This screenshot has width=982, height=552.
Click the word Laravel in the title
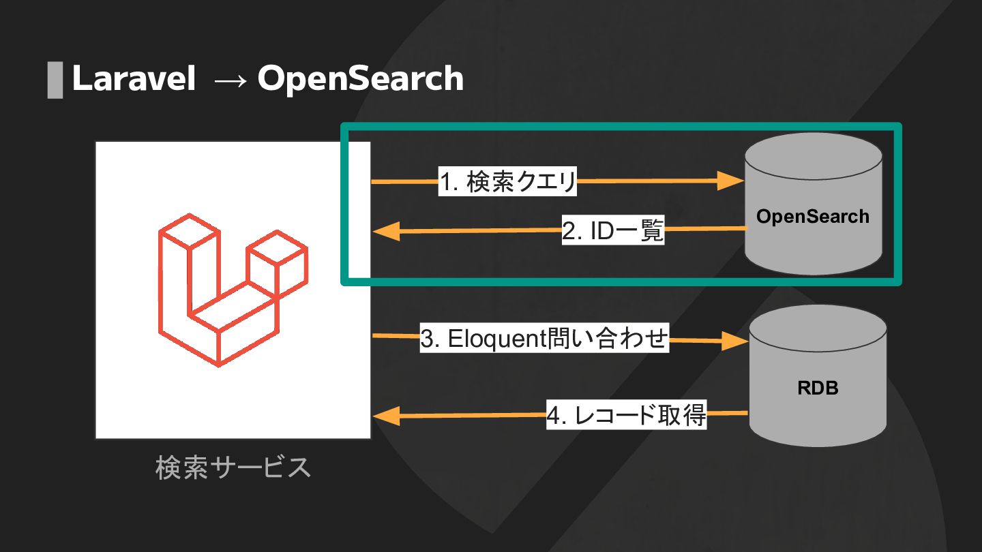click(134, 79)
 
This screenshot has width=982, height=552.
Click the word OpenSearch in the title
click(360, 79)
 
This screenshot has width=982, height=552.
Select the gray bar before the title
click(55, 80)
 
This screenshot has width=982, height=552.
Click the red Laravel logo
click(232, 290)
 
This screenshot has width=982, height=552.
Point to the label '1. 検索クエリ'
click(507, 183)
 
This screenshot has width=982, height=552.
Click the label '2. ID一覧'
click(612, 232)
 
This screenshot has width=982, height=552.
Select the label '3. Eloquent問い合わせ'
click(544, 339)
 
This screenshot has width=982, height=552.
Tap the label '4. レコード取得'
click(626, 415)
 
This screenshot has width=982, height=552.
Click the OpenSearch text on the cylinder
click(813, 217)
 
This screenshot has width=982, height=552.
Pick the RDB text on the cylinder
click(818, 388)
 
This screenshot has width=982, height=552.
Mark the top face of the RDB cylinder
click(818, 330)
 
